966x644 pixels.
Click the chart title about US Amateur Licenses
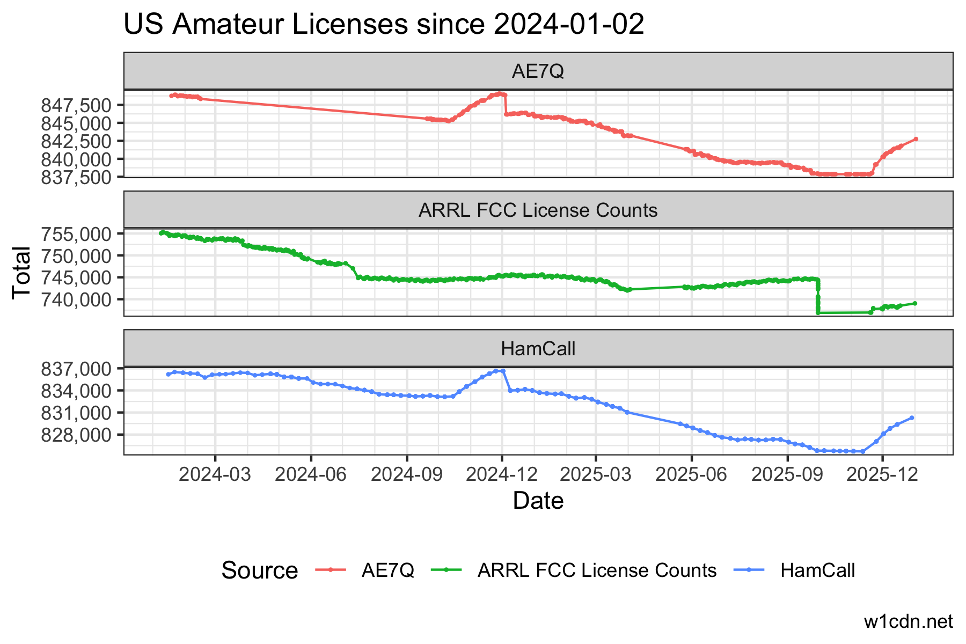[x=384, y=25]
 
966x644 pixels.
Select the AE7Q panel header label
[x=538, y=71]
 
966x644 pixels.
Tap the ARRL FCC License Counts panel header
[x=538, y=210]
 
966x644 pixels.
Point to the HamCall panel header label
[x=538, y=349]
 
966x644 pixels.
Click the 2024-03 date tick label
[x=215, y=474]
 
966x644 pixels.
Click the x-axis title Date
[x=538, y=501]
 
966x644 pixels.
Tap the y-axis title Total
[x=21, y=272]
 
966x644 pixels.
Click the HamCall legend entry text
[x=817, y=570]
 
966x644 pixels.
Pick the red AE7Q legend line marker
[x=331, y=570]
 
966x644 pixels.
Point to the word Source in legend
[x=259, y=570]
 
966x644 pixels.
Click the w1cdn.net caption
[x=908, y=621]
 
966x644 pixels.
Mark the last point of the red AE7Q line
[x=916, y=139]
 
